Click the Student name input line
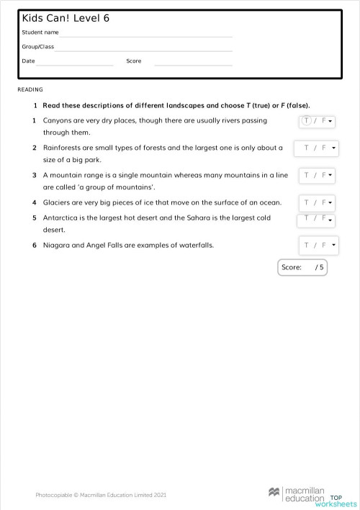click(146, 33)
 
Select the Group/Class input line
click(144, 48)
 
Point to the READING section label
click(30, 90)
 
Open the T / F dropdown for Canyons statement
click(317, 121)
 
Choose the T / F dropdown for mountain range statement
click(318, 175)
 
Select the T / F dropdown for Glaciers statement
click(318, 202)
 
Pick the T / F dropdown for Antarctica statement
click(318, 218)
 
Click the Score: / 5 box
click(302, 267)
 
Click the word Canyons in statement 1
click(58, 120)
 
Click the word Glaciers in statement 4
click(56, 202)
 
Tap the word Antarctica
click(60, 218)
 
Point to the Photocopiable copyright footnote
click(101, 495)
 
